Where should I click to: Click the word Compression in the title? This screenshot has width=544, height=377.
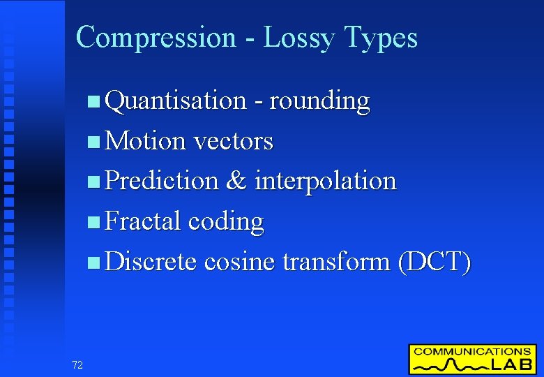point(156,37)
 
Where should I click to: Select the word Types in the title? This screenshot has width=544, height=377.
point(381,37)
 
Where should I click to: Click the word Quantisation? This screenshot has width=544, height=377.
point(175,101)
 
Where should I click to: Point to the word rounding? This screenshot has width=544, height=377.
point(319,101)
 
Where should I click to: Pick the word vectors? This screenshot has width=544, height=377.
point(233,141)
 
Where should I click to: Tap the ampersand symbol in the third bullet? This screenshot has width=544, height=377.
point(236,181)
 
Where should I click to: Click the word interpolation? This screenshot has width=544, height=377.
point(325,181)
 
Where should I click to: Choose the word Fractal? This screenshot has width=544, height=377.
point(143,221)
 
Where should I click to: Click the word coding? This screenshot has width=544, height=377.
point(226,222)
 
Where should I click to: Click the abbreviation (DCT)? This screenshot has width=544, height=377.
point(434,262)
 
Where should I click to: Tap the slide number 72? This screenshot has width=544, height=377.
point(77,364)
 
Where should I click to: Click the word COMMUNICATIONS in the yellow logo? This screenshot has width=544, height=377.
point(471,352)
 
